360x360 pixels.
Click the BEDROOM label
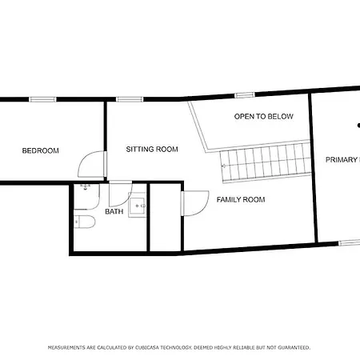[x=40, y=150]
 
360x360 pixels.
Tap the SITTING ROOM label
[x=152, y=150]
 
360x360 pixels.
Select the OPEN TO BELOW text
[x=263, y=117]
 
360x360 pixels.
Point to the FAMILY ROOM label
[x=241, y=199]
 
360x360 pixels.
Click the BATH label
[x=114, y=212]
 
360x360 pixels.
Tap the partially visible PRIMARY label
[x=342, y=160]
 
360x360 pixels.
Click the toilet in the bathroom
[x=84, y=222]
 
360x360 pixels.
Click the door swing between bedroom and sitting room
[x=90, y=166]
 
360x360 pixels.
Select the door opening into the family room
[x=194, y=204]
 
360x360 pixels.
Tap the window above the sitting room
[x=128, y=98]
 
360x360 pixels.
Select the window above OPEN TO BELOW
[x=246, y=95]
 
